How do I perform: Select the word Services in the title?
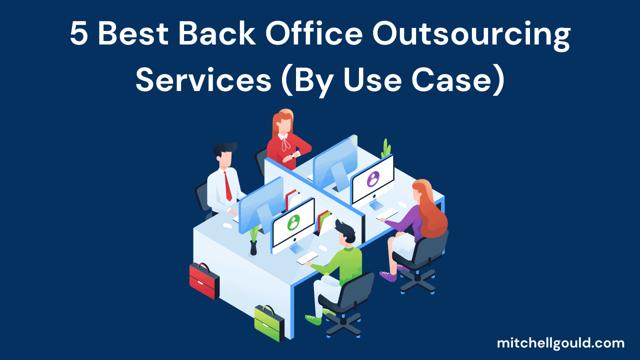[x=203, y=80]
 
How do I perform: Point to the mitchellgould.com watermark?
[x=560, y=343]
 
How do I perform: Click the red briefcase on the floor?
[x=204, y=280]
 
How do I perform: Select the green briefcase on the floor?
[x=268, y=323]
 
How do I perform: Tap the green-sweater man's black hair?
[x=344, y=229]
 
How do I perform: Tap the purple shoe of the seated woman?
[x=387, y=275]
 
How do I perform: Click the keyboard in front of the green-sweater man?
[x=307, y=258]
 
